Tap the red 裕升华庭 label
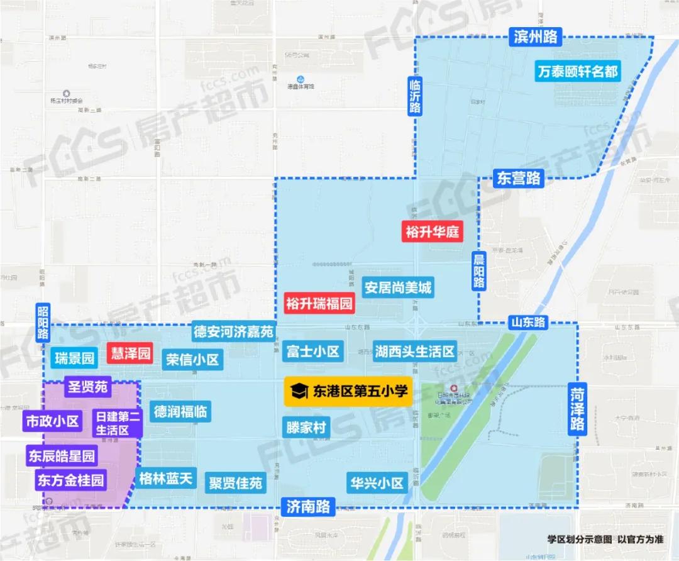click(x=432, y=232)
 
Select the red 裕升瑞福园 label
click(x=319, y=304)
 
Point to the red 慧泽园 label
click(x=130, y=353)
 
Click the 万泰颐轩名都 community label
click(x=578, y=71)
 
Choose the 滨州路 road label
click(x=536, y=37)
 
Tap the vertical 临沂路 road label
click(x=414, y=96)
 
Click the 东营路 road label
click(x=517, y=178)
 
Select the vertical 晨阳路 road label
click(x=479, y=270)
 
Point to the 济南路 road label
click(x=308, y=506)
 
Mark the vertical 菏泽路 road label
click(x=577, y=409)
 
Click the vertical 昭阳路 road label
click(x=43, y=323)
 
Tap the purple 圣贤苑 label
click(x=88, y=386)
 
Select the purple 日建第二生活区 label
click(x=118, y=423)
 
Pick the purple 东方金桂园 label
click(x=70, y=481)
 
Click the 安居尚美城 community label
click(x=398, y=288)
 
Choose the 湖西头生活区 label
click(x=414, y=350)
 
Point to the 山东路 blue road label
click(x=527, y=322)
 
